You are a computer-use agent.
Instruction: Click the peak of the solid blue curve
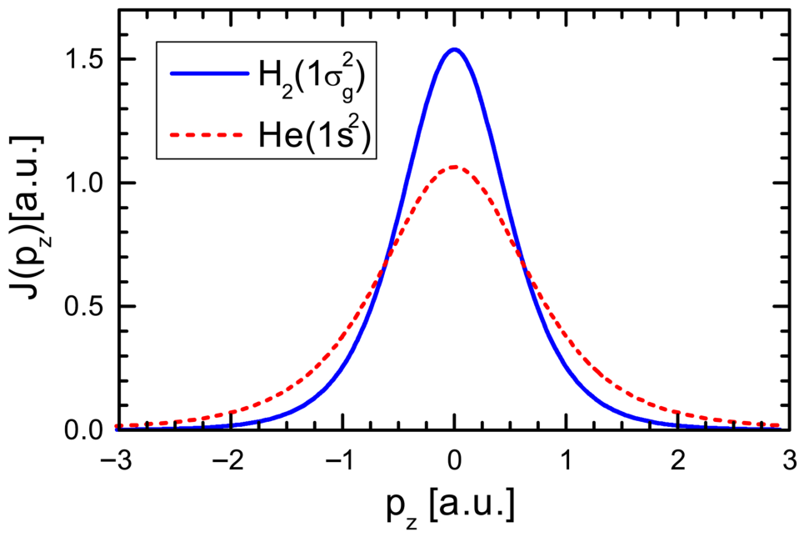click(454, 50)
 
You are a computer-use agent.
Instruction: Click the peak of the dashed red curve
click(454, 167)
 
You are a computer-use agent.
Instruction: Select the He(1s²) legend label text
click(314, 134)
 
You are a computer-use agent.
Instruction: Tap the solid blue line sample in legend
click(210, 74)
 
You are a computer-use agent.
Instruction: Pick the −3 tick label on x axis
click(117, 460)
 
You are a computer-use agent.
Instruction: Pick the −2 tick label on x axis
click(229, 460)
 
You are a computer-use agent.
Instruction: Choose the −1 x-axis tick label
click(342, 460)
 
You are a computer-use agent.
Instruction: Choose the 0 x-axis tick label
click(454, 460)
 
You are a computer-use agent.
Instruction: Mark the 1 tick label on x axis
click(567, 460)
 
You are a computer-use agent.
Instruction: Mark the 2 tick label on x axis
click(678, 460)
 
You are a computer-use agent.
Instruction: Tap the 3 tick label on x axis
click(791, 460)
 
